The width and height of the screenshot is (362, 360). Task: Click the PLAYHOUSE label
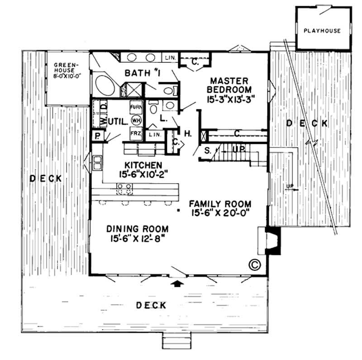coord(322,31)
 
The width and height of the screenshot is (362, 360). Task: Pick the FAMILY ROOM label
coord(219,208)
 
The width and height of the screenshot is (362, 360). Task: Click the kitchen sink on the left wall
coord(97,163)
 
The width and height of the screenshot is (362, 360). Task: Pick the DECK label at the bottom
coord(151,305)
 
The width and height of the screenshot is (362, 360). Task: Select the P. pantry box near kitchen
coord(97,136)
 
